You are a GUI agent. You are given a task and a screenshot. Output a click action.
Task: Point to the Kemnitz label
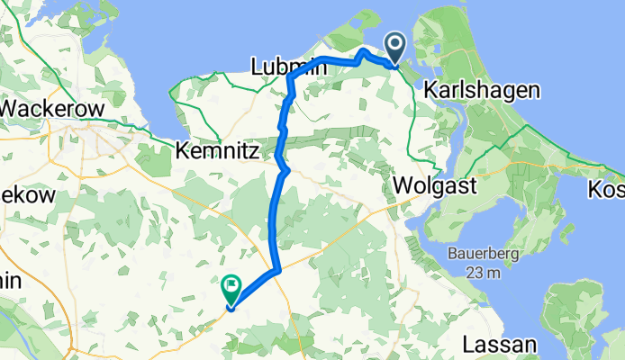(x=222, y=149)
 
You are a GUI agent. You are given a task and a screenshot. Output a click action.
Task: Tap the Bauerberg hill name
(x=485, y=255)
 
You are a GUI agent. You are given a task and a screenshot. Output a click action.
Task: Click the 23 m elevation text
(x=485, y=273)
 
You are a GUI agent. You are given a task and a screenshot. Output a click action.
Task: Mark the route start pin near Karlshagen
(x=395, y=48)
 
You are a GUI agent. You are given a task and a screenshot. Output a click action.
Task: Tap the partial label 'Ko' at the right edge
(x=608, y=190)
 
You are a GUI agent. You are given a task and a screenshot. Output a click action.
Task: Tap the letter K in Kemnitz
(x=186, y=149)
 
